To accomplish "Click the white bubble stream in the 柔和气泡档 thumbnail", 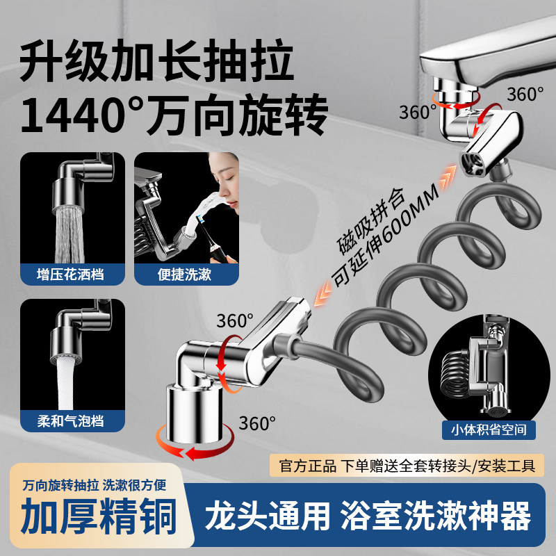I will (72, 375).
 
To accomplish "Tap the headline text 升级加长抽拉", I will (156, 61).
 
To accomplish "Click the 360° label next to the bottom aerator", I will (257, 421).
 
